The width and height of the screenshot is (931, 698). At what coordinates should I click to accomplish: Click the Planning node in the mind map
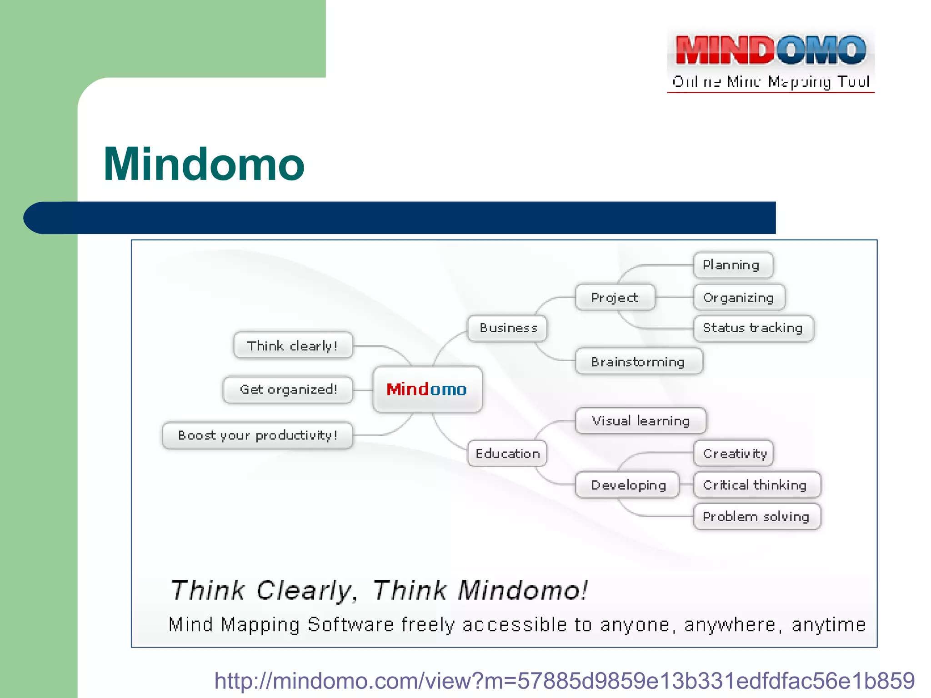pyautogui.click(x=733, y=265)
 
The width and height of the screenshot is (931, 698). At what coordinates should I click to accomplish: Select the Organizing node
pyautogui.click(x=739, y=298)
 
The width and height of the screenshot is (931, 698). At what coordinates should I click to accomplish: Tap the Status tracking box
pyautogui.click(x=753, y=328)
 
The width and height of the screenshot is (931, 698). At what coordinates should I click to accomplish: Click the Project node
pyautogui.click(x=615, y=298)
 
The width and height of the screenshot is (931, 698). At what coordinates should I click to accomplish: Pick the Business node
pyautogui.click(x=507, y=328)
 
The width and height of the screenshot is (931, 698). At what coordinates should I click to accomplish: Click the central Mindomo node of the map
pyautogui.click(x=427, y=389)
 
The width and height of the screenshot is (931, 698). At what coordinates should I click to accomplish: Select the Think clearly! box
pyautogui.click(x=293, y=346)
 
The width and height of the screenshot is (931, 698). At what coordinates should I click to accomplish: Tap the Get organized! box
pyautogui.click(x=288, y=389)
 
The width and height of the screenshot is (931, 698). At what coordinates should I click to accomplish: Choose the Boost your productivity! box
pyautogui.click(x=257, y=435)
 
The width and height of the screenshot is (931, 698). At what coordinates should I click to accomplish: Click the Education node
pyautogui.click(x=507, y=454)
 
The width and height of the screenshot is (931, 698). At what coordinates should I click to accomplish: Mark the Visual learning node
pyautogui.click(x=641, y=421)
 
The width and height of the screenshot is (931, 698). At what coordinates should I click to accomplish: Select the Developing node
pyautogui.click(x=628, y=485)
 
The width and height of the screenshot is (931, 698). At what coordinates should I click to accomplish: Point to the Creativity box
pyautogui.click(x=734, y=454)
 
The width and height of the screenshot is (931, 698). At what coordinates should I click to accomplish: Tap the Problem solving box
pyautogui.click(x=756, y=517)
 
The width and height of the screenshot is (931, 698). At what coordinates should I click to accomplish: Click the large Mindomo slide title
pyautogui.click(x=204, y=165)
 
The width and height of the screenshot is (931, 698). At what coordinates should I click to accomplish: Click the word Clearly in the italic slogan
pyautogui.click(x=304, y=591)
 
